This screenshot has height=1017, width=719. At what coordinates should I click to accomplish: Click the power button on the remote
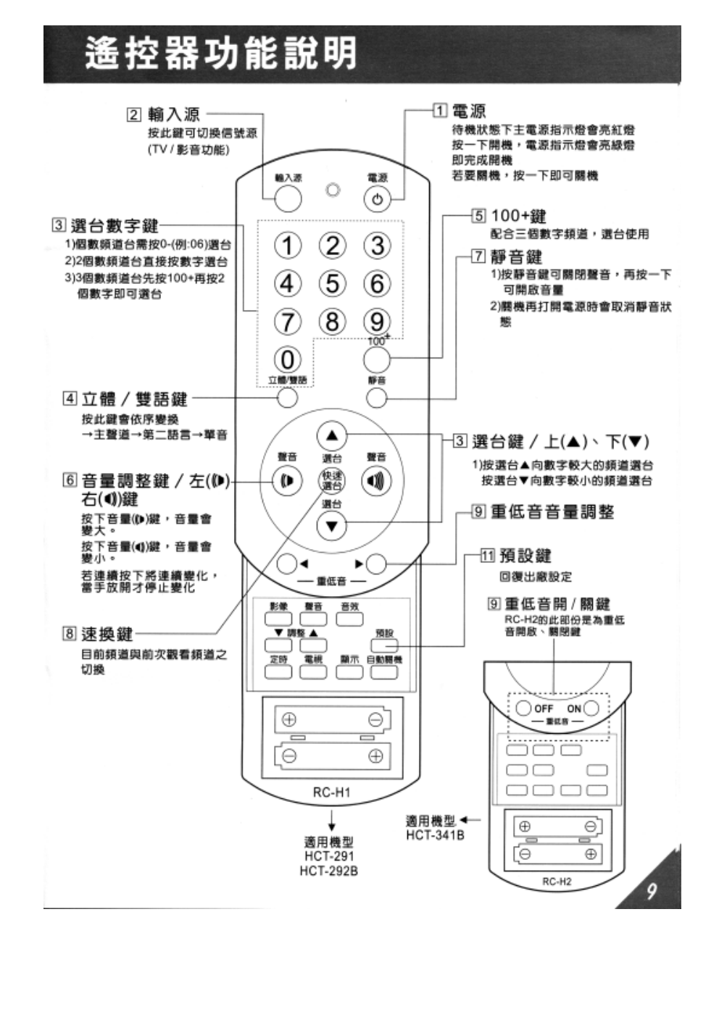377,199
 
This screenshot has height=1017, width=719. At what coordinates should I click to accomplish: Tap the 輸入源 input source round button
288,198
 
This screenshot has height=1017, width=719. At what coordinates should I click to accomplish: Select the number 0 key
288,359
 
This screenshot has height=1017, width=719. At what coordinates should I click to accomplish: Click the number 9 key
377,321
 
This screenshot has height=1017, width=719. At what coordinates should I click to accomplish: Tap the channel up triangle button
332,436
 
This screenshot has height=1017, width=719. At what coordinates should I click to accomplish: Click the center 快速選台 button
332,481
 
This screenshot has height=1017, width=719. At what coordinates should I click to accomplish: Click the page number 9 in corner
651,890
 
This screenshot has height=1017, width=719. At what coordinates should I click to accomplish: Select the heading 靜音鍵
516,256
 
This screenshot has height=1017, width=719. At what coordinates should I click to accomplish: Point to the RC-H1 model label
331,792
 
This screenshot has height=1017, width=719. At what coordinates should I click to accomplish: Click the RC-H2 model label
557,882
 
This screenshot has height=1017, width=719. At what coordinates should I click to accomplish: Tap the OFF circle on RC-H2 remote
524,708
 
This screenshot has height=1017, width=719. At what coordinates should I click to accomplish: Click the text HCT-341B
435,835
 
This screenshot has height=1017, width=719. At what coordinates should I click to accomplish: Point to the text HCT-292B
328,871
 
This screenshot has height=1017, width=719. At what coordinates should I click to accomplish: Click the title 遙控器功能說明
221,54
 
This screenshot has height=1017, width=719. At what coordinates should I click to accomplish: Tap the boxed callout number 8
69,634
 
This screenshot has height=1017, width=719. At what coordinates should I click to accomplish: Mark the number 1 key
288,246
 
